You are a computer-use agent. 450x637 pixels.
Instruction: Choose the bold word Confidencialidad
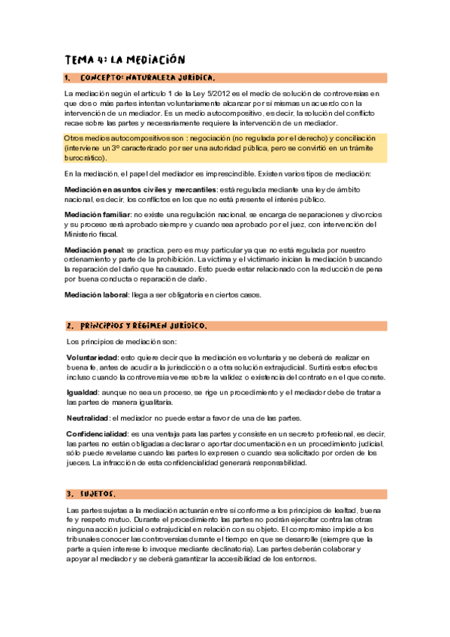tap(96, 434)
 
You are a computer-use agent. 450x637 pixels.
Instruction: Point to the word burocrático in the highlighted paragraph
tap(83, 158)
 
